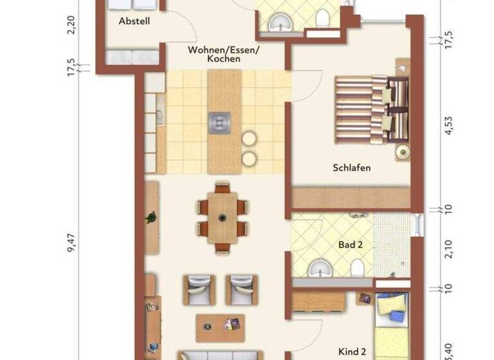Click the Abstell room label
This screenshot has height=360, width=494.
pos(134,21)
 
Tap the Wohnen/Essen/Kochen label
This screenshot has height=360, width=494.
pos(215,54)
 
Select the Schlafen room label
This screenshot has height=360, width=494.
pos(352,168)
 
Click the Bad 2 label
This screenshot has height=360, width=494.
pos(351,244)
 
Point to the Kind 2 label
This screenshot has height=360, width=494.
pos(352,352)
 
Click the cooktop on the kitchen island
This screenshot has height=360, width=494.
pos(219,121)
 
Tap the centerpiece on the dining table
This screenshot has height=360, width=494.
pos(222,217)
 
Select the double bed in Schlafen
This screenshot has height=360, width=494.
pos(371,109)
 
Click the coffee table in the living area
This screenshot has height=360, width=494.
pos(221,327)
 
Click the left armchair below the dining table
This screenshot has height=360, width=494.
pos(199,289)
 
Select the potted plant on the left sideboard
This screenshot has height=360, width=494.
pos(151,218)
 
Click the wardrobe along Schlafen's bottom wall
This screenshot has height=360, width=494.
pos(351,197)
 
